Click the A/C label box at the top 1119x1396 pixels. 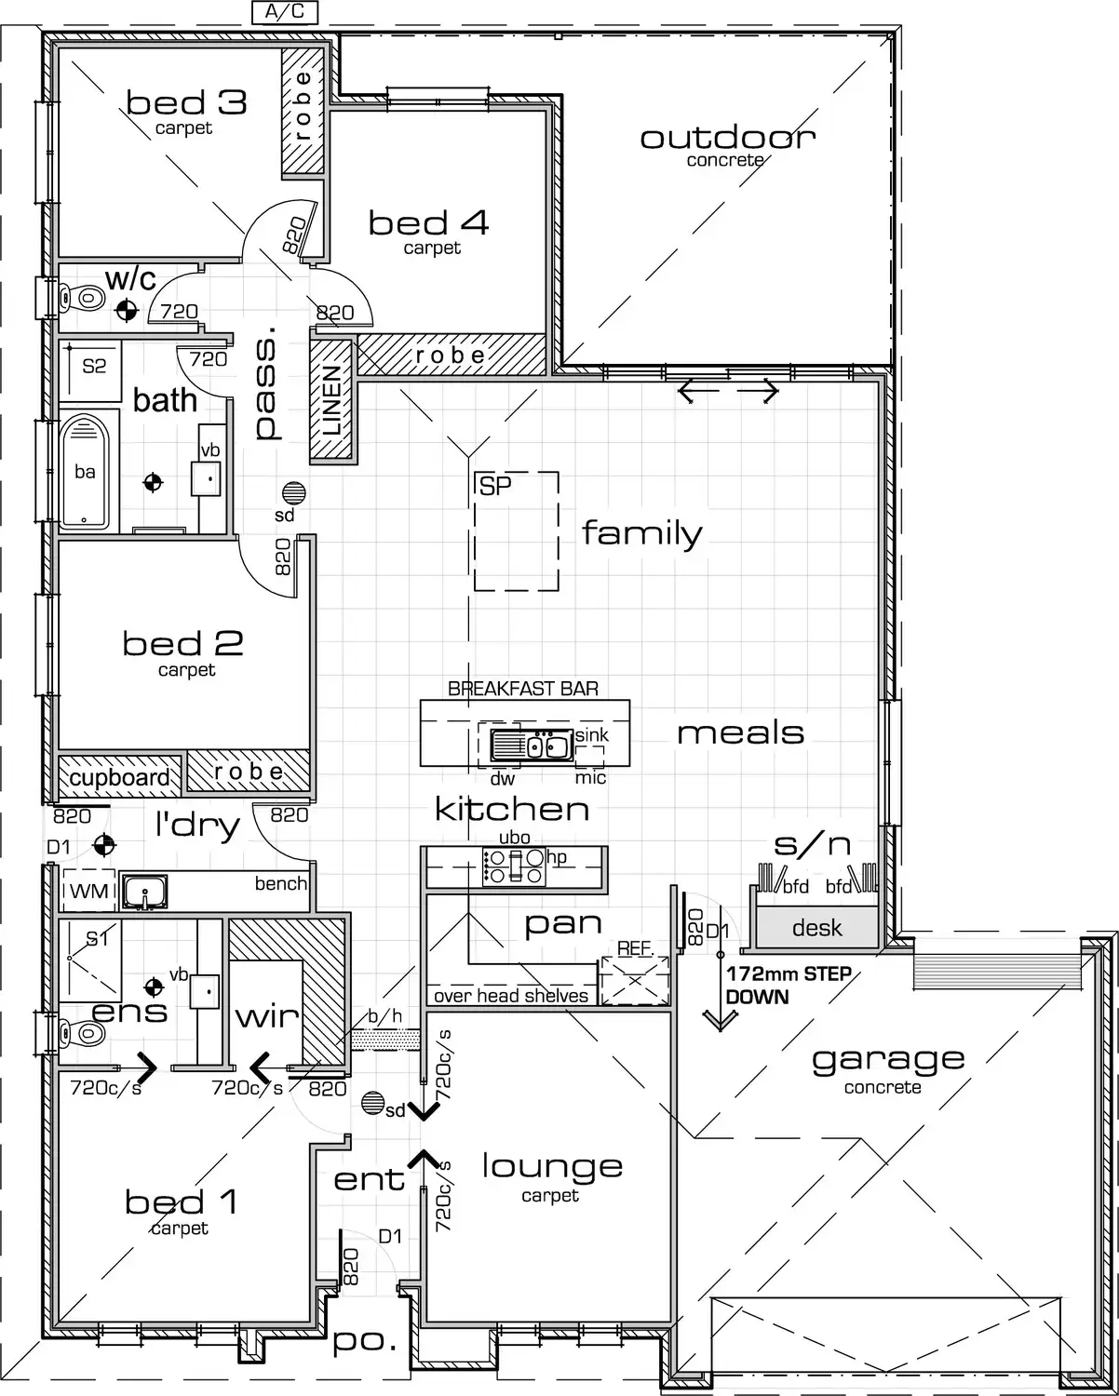pyautogui.click(x=285, y=12)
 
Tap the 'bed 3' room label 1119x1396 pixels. pyautogui.click(x=186, y=102)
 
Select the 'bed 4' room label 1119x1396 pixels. pyautogui.click(x=428, y=223)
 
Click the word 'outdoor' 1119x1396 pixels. pyautogui.click(x=727, y=138)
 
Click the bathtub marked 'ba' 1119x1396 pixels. pyautogui.click(x=86, y=471)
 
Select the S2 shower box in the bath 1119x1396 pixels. pyautogui.click(x=94, y=366)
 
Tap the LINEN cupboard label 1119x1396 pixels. pyautogui.click(x=332, y=401)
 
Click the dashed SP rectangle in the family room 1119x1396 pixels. pyautogui.click(x=516, y=530)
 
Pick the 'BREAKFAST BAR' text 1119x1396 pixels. pyautogui.click(x=523, y=689)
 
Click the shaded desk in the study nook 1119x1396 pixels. pyautogui.click(x=816, y=928)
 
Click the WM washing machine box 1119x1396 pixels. pyautogui.click(x=88, y=892)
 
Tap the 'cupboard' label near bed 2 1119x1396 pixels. pyautogui.click(x=119, y=778)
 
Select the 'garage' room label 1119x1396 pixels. pyautogui.click(x=888, y=1059)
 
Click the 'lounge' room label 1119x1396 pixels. pyautogui.click(x=551, y=1166)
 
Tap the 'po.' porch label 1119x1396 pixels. pyautogui.click(x=364, y=1342)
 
